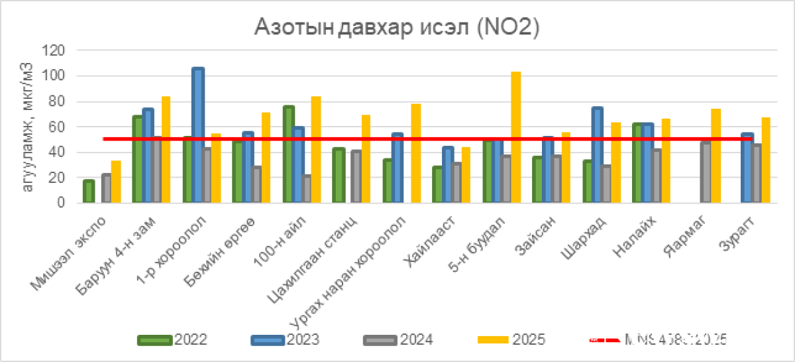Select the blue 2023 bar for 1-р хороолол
[198, 135]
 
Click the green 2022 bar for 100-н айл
[288, 154]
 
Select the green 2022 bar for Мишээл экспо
[89, 192]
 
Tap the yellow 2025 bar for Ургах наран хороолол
[416, 153]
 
